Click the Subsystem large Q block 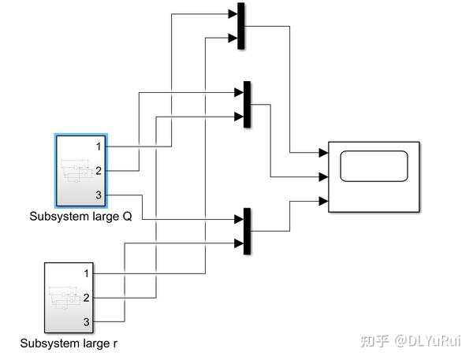click(x=81, y=170)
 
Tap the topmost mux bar click(x=240, y=25)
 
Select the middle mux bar click(x=248, y=104)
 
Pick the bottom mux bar click(x=248, y=232)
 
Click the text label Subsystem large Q click(x=80, y=216)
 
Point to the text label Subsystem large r click(x=69, y=343)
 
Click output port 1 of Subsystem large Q click(x=98, y=147)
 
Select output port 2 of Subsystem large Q click(x=98, y=170)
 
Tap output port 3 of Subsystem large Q click(x=98, y=195)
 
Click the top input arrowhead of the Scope click(x=323, y=153)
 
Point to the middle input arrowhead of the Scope click(x=323, y=176)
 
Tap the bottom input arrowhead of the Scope click(x=323, y=201)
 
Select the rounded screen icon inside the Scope click(x=374, y=166)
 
